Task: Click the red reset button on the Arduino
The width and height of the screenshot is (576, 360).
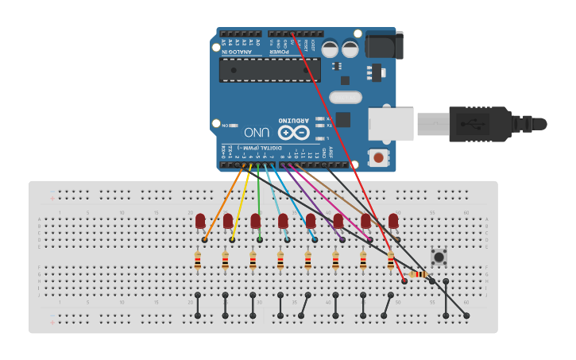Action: [x=379, y=157]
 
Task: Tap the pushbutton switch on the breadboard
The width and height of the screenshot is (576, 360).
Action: [x=439, y=257]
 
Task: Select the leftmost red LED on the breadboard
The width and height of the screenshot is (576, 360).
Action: [x=200, y=220]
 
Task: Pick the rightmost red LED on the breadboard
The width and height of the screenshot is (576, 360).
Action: [x=393, y=220]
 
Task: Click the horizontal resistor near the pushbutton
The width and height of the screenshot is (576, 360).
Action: [x=418, y=274]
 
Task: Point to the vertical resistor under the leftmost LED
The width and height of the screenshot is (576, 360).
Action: [x=198, y=260]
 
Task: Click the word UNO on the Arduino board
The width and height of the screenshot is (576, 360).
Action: [x=257, y=132]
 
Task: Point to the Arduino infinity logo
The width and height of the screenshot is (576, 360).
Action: [x=294, y=133]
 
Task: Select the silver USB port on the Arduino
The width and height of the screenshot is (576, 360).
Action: [x=391, y=125]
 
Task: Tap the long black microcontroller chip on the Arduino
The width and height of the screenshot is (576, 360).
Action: [x=270, y=70]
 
